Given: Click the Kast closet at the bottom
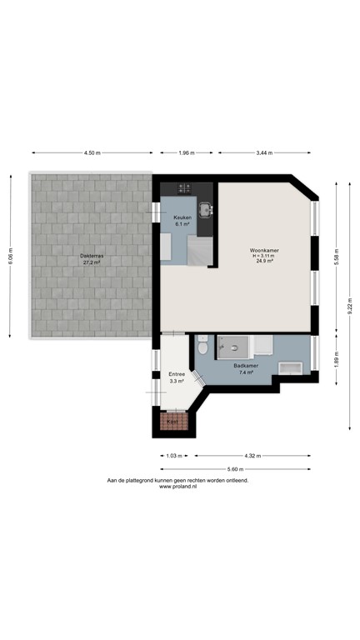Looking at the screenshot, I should [x=173, y=422].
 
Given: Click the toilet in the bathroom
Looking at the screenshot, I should [x=202, y=347].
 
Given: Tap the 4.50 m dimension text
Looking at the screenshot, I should [x=92, y=153].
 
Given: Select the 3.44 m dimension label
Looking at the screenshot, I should [x=265, y=153].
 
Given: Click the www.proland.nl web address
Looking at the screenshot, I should [x=177, y=487].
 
